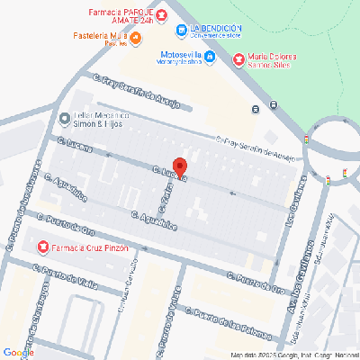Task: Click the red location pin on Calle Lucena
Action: click(179, 167)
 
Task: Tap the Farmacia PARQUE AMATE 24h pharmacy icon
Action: click(160, 16)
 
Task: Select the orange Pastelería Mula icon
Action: click(136, 38)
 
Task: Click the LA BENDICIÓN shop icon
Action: click(183, 31)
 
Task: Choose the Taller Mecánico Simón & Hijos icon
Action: click(64, 119)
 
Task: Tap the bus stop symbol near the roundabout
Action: click(256, 109)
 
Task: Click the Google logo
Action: click(18, 352)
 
